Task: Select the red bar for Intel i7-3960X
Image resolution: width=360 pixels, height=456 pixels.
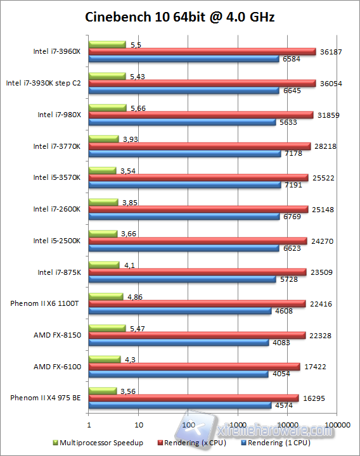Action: coord(202,51)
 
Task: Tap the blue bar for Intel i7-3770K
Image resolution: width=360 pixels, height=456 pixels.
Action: coord(184,153)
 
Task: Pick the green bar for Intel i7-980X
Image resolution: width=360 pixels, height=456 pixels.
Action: coord(107,108)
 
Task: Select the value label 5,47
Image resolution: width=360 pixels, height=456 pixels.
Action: coord(137,328)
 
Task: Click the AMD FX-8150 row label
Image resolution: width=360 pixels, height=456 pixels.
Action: coord(57,335)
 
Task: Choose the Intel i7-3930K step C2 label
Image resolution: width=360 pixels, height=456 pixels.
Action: coord(44,82)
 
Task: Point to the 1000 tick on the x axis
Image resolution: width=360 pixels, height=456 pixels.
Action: coord(238,424)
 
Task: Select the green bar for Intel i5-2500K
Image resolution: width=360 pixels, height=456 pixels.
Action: coord(103,234)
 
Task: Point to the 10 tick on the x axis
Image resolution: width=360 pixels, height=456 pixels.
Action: coord(139,424)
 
